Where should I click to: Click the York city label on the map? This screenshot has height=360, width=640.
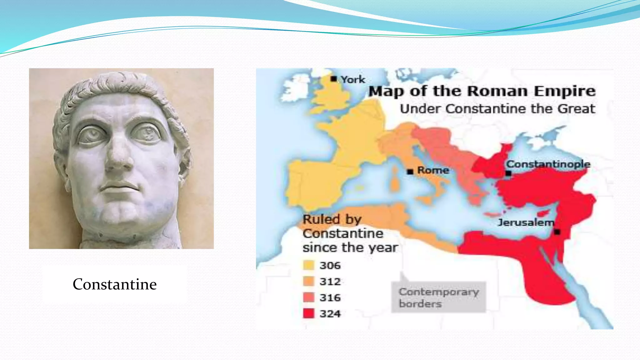[353, 80]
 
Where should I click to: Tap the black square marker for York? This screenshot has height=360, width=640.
[334, 79]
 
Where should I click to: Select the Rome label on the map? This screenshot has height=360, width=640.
[433, 170]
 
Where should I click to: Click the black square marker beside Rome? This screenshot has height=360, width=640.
[410, 172]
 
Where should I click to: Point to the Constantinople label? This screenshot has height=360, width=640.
[548, 164]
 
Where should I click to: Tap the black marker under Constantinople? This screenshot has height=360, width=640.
[508, 173]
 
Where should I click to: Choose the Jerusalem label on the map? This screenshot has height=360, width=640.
[526, 222]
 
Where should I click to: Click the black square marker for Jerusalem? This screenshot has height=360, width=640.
[557, 232]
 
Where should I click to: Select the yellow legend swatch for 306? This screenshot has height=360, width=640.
[308, 265]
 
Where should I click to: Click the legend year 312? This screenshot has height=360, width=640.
[330, 282]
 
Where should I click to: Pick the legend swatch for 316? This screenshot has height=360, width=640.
[308, 297]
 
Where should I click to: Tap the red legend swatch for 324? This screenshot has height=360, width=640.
[308, 313]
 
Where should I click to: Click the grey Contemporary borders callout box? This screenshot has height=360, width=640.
[438, 297]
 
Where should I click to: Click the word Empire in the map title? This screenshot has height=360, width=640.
[564, 91]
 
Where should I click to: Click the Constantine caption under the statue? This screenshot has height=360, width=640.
[115, 284]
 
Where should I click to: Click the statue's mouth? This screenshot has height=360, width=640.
[119, 187]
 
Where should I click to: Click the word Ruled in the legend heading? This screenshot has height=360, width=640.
[317, 219]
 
